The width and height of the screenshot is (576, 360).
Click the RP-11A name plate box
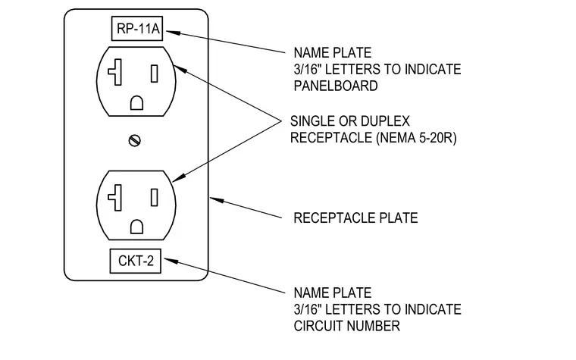click(x=137, y=28)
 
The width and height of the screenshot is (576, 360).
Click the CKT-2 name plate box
click(x=135, y=261)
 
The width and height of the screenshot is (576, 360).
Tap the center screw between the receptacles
click(x=135, y=140)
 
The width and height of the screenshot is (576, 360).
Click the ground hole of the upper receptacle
click(x=136, y=103)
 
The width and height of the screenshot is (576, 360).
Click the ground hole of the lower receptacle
click(x=136, y=227)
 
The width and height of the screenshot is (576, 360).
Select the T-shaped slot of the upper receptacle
click(x=115, y=72)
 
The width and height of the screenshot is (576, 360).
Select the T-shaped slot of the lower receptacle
click(x=115, y=198)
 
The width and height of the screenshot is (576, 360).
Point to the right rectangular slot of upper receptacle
click(x=155, y=74)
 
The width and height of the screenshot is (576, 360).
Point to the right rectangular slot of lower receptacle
click(x=155, y=198)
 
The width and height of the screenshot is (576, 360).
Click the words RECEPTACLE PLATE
click(x=355, y=218)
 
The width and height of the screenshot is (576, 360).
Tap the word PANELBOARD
click(x=336, y=86)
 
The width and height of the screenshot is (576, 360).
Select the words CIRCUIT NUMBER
click(x=347, y=326)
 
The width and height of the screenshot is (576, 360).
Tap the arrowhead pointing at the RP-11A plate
click(x=174, y=33)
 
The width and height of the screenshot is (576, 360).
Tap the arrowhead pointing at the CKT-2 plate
click(x=171, y=261)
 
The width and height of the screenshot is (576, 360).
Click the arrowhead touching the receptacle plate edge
click(x=217, y=200)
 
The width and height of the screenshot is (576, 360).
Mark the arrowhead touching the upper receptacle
click(x=180, y=69)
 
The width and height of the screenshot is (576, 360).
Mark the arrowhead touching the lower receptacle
click(x=179, y=178)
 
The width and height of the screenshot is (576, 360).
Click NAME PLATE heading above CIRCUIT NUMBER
click(x=333, y=293)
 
